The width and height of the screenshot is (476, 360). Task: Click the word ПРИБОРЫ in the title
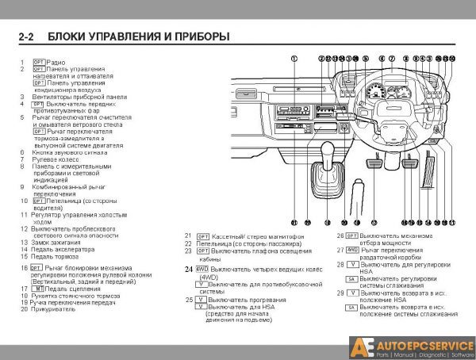tap(198, 36)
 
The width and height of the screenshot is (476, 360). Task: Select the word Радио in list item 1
tap(56, 62)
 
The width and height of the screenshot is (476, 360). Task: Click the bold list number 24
tap(189, 270)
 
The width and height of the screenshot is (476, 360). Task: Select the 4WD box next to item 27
tap(352, 250)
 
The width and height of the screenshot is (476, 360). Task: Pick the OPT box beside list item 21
tap(202, 236)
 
